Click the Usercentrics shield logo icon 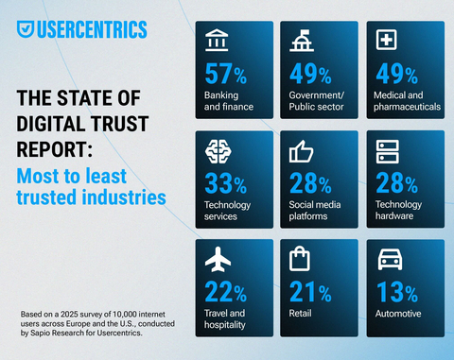26,29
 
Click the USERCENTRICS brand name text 92,29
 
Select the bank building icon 217,41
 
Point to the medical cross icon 386,41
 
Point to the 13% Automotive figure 397,292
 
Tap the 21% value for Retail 311,292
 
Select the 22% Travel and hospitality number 227,292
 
